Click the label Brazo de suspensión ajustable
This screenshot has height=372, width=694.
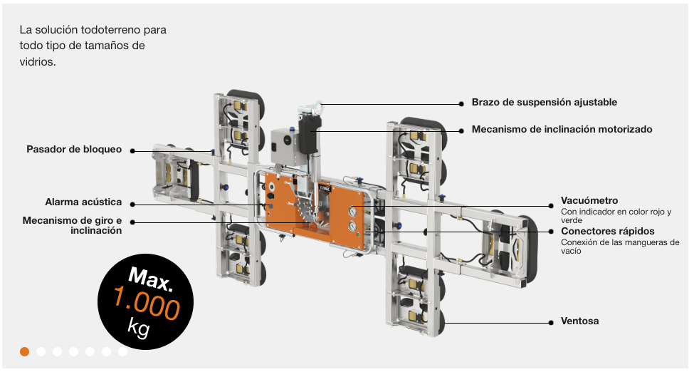tap(544, 103)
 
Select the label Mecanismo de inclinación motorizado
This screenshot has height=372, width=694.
tap(562, 130)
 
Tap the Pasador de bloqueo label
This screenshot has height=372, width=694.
tap(74, 150)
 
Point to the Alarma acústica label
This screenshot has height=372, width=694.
tap(83, 202)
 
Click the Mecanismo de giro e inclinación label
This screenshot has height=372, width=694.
tap(72, 225)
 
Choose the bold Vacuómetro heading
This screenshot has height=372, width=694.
tap(589, 201)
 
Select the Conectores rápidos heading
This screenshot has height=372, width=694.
tap(607, 231)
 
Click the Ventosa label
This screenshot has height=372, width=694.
tap(579, 321)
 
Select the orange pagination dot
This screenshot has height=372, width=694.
tap(25, 351)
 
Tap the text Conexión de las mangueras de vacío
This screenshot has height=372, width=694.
tap(619, 247)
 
